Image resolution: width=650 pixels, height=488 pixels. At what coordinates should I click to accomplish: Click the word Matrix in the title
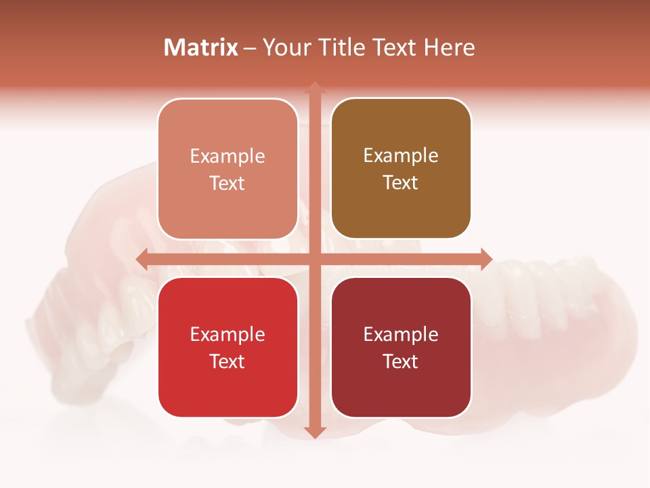(x=201, y=47)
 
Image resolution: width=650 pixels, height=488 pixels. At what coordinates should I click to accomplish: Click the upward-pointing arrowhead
(x=314, y=88)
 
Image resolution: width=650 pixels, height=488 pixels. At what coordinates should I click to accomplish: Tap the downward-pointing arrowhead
(x=314, y=432)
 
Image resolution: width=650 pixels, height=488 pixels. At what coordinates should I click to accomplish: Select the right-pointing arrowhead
(x=486, y=259)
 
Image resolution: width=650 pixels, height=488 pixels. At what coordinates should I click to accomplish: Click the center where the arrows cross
(x=314, y=259)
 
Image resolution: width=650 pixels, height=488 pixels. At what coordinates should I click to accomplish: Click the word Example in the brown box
(x=401, y=155)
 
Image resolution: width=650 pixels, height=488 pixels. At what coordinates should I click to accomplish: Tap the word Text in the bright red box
(x=227, y=361)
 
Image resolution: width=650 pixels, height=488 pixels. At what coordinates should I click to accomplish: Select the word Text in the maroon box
(x=401, y=361)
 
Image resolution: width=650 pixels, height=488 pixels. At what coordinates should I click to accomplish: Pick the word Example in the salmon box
(x=227, y=156)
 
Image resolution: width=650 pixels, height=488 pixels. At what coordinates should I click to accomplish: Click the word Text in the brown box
(x=401, y=182)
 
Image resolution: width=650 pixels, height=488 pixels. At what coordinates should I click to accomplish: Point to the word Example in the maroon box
(x=401, y=334)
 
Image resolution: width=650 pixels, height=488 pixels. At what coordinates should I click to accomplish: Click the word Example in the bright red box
(x=227, y=334)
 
